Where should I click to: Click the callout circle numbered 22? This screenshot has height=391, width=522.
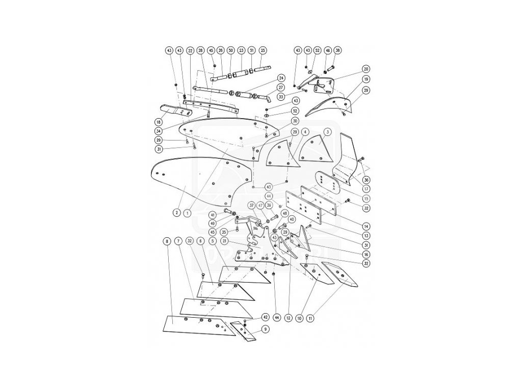pos(190,50)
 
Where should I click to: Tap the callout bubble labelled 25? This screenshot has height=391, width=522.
pos(263,50)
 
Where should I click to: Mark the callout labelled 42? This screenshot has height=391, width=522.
pos(265,316)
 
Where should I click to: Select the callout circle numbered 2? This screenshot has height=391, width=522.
pos(175,212)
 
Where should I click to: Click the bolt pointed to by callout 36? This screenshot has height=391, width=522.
pos(361,160)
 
